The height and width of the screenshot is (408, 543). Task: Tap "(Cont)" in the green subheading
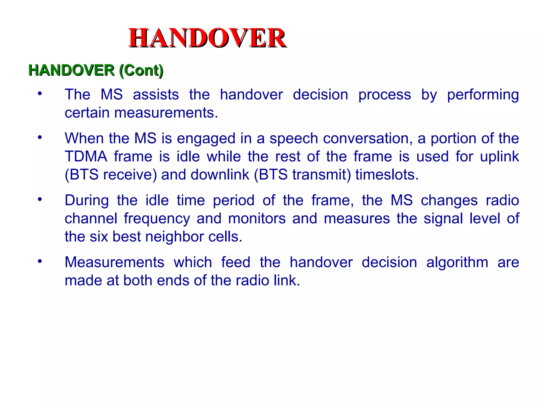click(x=141, y=71)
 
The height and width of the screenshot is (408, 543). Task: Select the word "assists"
click(x=156, y=95)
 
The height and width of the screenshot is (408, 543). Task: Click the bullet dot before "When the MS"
click(x=40, y=137)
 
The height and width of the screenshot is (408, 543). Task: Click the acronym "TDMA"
click(x=86, y=156)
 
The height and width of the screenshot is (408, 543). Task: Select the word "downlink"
click(x=220, y=175)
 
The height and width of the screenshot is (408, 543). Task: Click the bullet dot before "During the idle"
click(x=40, y=199)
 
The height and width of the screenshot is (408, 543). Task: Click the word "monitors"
click(x=257, y=219)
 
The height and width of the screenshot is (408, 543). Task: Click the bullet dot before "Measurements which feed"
click(x=40, y=261)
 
